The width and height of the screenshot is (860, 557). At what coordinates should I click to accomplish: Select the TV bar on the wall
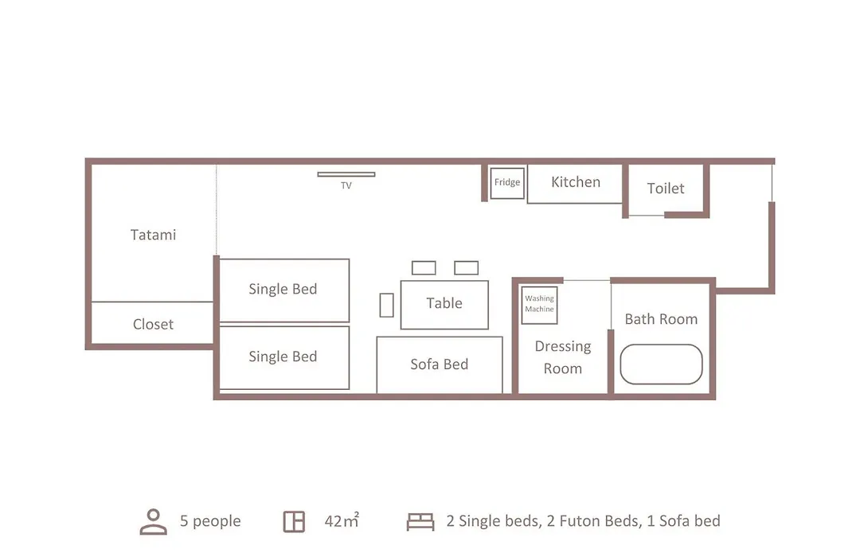point(346,174)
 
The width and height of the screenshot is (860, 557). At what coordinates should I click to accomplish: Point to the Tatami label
point(153,235)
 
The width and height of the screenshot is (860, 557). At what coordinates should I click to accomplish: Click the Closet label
point(153,324)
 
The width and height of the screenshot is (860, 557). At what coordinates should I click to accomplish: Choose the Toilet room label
point(665,188)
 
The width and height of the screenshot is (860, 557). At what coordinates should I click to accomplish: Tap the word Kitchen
point(576,182)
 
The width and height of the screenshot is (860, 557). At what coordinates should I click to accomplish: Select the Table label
point(444,303)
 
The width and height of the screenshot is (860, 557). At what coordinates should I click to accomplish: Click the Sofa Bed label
point(440,364)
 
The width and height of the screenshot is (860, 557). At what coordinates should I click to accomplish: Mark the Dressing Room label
point(563,357)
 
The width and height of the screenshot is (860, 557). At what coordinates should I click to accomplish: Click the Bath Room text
point(661,319)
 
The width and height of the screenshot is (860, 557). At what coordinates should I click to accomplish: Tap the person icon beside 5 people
point(154,521)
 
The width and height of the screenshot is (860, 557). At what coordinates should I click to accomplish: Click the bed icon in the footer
point(420,521)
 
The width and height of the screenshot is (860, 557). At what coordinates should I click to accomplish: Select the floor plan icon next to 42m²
point(294,521)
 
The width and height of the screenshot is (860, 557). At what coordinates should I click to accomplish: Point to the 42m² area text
point(342,520)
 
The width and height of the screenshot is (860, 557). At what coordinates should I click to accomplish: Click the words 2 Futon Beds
point(594,521)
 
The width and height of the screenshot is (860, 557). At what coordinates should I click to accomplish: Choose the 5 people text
point(210,521)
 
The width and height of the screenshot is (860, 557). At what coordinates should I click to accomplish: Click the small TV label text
point(346,185)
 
